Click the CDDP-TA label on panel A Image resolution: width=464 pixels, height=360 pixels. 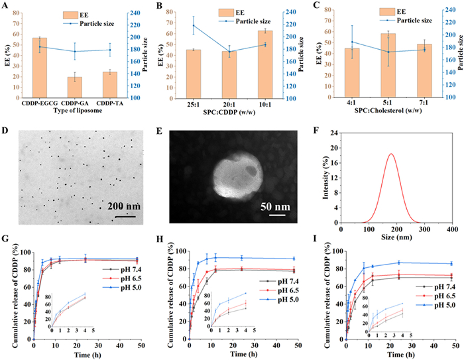coord(109,104)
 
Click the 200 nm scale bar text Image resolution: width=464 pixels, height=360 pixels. coord(125,205)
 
